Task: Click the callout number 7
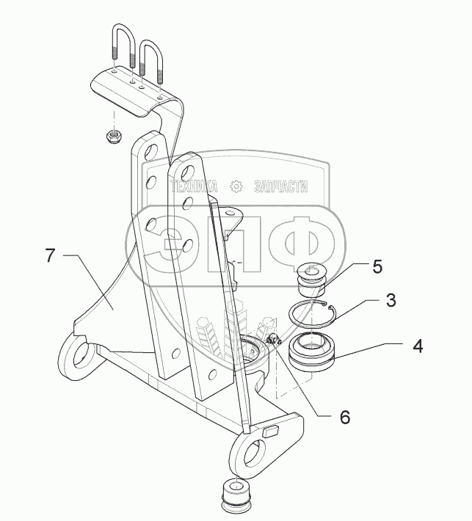click(50, 256)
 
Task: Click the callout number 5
click(377, 266)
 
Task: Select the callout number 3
click(392, 300)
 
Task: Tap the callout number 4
click(417, 345)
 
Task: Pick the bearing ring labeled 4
click(313, 351)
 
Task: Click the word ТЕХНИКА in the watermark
click(194, 186)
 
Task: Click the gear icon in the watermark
click(236, 186)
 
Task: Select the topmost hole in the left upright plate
click(148, 152)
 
